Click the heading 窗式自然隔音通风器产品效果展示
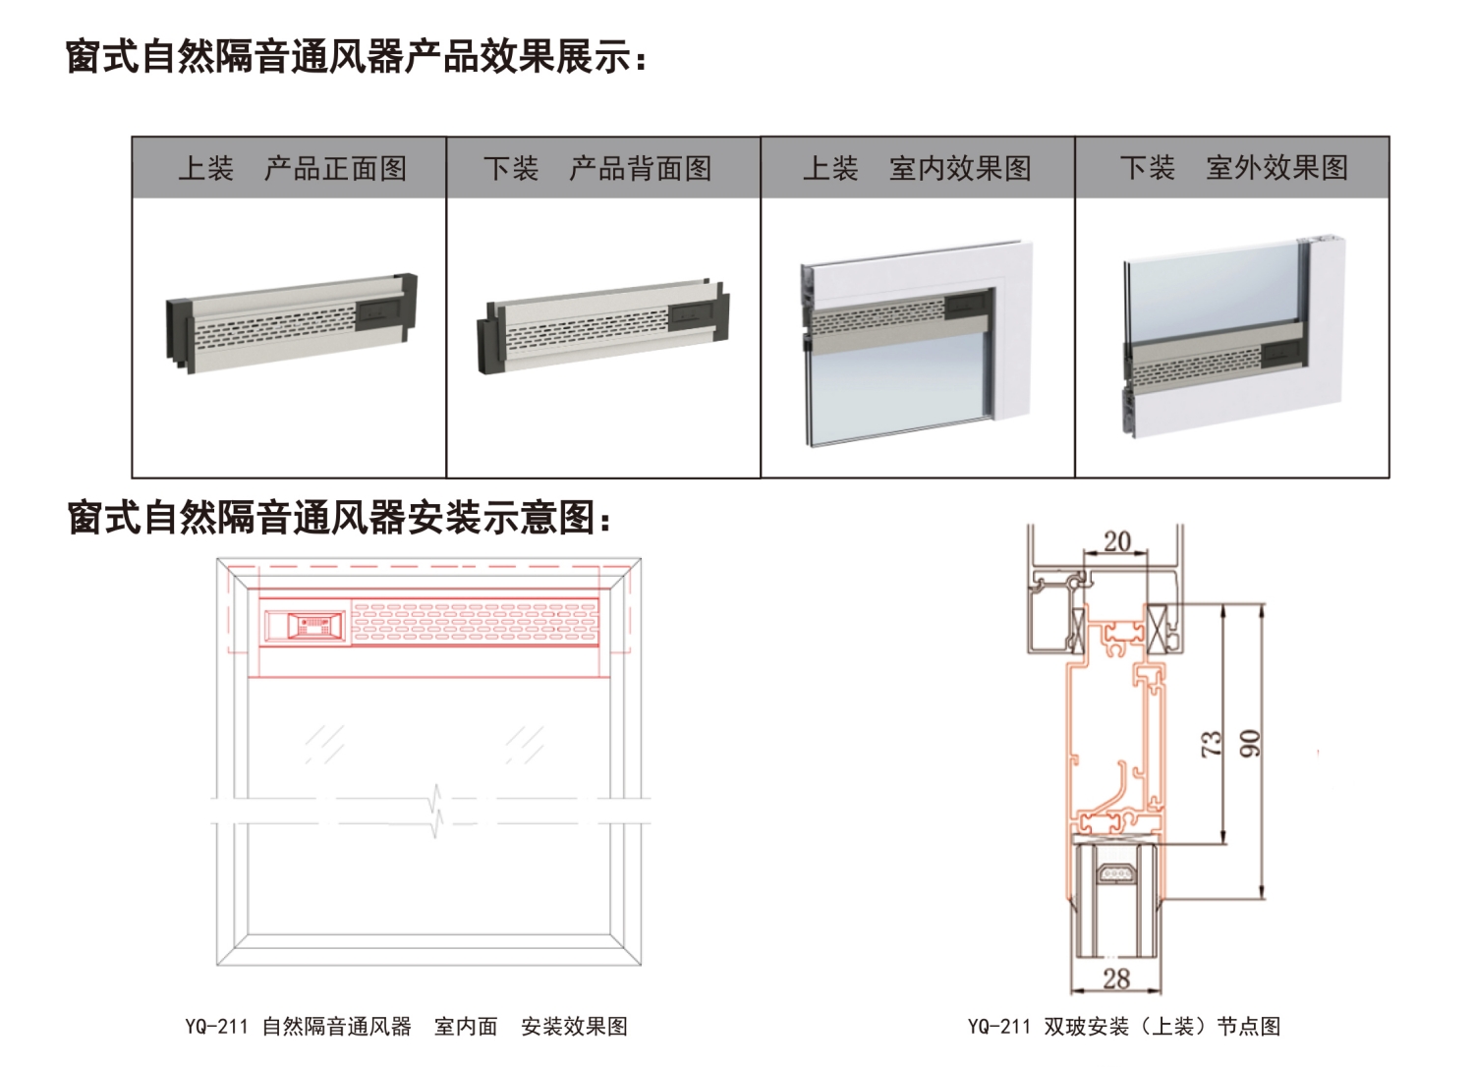coord(356,56)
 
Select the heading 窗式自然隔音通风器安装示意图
coord(338,517)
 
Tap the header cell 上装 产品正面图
coord(291,168)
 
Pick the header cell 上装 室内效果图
coord(916,168)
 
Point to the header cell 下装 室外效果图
coord(1232,168)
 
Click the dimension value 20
coord(1117,541)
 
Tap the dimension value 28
coord(1116,978)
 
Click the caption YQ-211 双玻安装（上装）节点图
coord(1124,1027)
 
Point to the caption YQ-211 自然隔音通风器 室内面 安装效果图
coord(406,1027)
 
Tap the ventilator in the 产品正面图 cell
coord(292,323)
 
